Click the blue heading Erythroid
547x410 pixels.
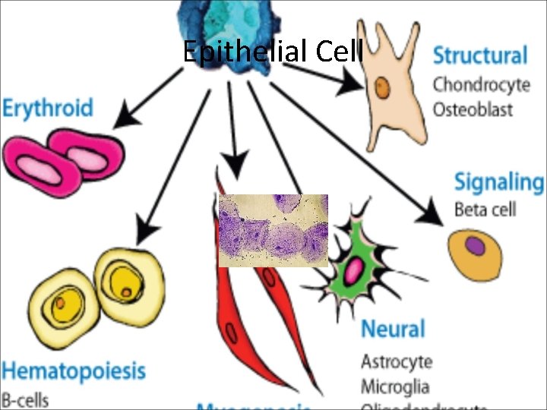pos(47,107)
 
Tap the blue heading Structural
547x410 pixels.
pos(479,55)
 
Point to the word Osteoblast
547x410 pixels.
pos(473,109)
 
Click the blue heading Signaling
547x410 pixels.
pos(498,182)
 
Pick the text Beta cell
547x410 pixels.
pos(485,209)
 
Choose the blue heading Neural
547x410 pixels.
pos(392,329)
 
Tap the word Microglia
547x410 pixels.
pos(395,386)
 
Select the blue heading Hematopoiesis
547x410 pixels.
pos(73,371)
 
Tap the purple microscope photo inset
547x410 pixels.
pos(273,230)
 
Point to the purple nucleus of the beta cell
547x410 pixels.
pos(475,246)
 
